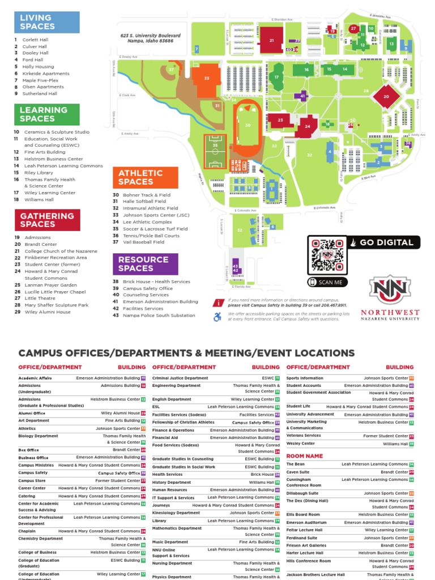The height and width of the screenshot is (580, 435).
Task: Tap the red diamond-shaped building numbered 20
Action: pyautogui.click(x=386, y=97)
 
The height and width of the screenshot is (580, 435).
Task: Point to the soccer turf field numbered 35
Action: pyautogui.click(x=215, y=152)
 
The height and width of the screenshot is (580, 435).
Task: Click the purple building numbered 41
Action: pyautogui.click(x=303, y=96)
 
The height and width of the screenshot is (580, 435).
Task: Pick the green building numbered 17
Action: pyautogui.click(x=277, y=78)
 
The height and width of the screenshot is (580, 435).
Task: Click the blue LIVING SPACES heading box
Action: pyautogui.click(x=47, y=22)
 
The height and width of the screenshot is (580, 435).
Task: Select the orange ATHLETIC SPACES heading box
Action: pyautogui.click(x=145, y=177)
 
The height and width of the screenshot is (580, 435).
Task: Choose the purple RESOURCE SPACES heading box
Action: pyautogui.click(x=145, y=263)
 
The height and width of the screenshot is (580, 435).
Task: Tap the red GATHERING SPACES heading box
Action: pyautogui.click(x=47, y=220)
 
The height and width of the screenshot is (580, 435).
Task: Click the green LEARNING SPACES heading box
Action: pyautogui.click(x=47, y=114)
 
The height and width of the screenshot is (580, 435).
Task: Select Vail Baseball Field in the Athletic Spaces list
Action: pyautogui.click(x=143, y=242)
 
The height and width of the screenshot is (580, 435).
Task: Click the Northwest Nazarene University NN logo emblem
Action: pyautogui.click(x=390, y=289)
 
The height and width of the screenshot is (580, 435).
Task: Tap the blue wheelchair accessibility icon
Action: pyautogui.click(x=217, y=317)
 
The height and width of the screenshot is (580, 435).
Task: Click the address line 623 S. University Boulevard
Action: pyautogui.click(x=150, y=36)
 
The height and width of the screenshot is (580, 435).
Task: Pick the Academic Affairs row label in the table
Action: pyautogui.click(x=35, y=378)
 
